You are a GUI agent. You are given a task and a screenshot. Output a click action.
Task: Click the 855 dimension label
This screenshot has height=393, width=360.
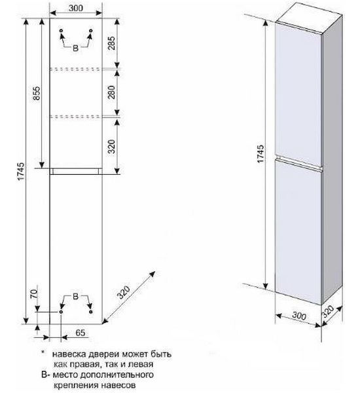click(37, 93)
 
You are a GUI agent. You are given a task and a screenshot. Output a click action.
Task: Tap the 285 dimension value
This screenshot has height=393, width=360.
click(111, 43)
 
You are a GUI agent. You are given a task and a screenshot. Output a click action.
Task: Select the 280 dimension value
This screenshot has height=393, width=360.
click(111, 92)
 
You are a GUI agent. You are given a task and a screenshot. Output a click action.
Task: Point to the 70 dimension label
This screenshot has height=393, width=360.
click(33, 293)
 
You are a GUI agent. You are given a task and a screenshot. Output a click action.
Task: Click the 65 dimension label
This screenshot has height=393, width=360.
click(81, 333)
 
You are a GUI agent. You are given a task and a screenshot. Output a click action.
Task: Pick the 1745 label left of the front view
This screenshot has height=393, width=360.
click(21, 171)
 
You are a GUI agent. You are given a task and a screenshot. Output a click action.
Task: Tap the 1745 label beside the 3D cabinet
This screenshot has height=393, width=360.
click(260, 153)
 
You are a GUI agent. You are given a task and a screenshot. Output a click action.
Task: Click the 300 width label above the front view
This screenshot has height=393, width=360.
click(76, 8)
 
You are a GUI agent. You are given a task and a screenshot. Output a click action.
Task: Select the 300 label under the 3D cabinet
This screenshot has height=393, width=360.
click(299, 316)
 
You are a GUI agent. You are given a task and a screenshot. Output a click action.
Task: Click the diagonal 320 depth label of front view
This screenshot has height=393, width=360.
click(124, 292)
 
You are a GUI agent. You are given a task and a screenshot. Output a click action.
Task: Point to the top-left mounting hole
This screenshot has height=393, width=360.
click(61, 31)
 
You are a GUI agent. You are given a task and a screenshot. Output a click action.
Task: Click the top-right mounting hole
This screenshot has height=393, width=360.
click(91, 31)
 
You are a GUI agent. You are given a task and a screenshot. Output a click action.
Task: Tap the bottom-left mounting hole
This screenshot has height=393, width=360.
click(61, 312)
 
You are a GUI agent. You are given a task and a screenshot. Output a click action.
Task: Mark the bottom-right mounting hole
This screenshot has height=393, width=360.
click(91, 312)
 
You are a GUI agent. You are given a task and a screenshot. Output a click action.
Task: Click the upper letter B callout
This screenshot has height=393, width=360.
click(76, 48)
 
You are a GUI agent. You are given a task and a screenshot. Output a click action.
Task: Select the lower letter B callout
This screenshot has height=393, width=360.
click(76, 297)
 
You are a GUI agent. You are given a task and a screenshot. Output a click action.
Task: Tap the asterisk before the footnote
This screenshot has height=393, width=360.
click(43, 352)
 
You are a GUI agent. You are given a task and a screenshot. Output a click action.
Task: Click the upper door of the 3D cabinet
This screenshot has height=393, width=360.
click(298, 94)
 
